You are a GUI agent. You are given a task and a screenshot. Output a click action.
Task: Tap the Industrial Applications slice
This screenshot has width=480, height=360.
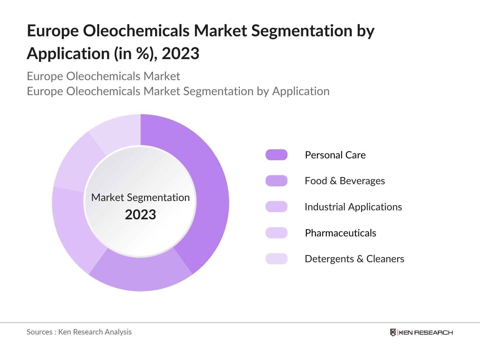pyautogui.click(x=75, y=228)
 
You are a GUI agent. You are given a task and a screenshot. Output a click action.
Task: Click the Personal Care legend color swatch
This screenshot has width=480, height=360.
pyautogui.click(x=276, y=155)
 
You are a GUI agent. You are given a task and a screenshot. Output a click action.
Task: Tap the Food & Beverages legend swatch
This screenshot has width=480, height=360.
pyautogui.click(x=276, y=181)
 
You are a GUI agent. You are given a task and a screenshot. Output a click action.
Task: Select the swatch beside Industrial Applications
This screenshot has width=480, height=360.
pyautogui.click(x=276, y=207)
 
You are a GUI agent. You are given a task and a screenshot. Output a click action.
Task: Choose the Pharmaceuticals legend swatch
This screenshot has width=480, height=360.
pyautogui.click(x=276, y=233)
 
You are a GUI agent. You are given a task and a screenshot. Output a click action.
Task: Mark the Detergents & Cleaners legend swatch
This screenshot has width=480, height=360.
pyautogui.click(x=276, y=259)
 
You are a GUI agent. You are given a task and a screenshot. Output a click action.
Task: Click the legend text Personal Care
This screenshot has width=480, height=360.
pyautogui.click(x=335, y=155)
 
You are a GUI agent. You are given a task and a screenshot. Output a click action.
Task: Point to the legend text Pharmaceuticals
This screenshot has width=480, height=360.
pyautogui.click(x=340, y=233)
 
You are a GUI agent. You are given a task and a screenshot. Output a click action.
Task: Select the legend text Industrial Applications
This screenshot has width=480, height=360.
pyautogui.click(x=353, y=207)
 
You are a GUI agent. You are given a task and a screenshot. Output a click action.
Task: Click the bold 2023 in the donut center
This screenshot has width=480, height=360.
pyautogui.click(x=140, y=215)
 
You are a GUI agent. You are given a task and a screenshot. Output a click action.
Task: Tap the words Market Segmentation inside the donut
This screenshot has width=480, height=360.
pyautogui.click(x=140, y=197)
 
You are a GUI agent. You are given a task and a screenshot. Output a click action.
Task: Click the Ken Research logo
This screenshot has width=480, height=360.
pyautogui.click(x=421, y=332)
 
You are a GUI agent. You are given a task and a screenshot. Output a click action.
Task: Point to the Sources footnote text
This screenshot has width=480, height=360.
pyautogui.click(x=79, y=332)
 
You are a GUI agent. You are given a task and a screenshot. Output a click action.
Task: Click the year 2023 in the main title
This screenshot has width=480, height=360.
pyautogui.click(x=181, y=54)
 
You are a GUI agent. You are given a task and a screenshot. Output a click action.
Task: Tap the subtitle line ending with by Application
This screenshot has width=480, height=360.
pyautogui.click(x=178, y=91)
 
